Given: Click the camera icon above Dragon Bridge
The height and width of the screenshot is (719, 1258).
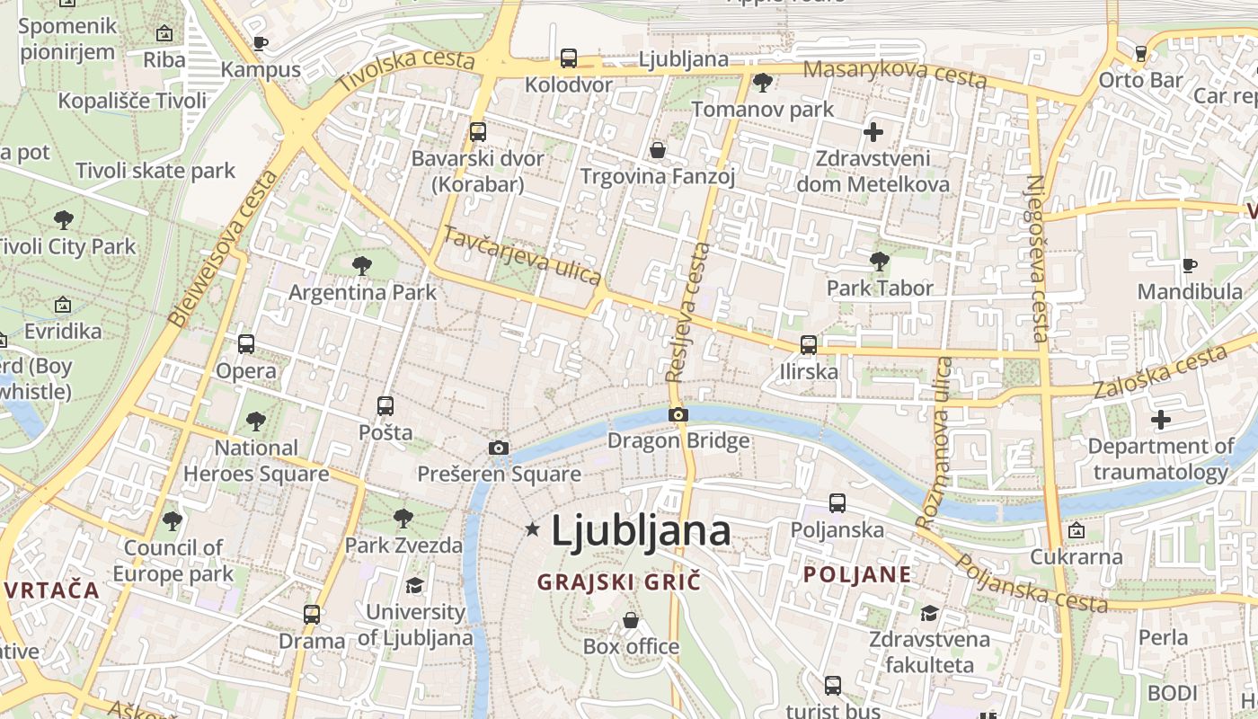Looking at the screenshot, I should pyautogui.click(x=678, y=414).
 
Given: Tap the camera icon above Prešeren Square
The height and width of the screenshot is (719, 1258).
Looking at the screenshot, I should pyautogui.click(x=499, y=448).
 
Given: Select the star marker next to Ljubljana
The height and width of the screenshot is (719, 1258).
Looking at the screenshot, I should pyautogui.click(x=532, y=529).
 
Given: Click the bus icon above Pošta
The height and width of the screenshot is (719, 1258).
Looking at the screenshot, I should pyautogui.click(x=385, y=405).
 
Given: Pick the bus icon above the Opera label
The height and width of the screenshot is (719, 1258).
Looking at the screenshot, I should pyautogui.click(x=246, y=343).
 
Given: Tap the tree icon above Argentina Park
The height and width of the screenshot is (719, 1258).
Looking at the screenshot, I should pyautogui.click(x=362, y=265).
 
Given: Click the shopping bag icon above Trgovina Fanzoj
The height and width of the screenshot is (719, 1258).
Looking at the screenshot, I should pyautogui.click(x=658, y=149).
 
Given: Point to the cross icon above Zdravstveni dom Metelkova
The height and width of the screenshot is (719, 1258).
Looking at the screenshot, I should pyautogui.click(x=873, y=132).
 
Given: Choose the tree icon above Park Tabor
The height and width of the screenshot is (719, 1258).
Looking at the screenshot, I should pyautogui.click(x=880, y=262).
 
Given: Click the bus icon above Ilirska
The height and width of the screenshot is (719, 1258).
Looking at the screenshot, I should pyautogui.click(x=809, y=344).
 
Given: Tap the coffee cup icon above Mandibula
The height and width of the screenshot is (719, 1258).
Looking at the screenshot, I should pyautogui.click(x=1190, y=265).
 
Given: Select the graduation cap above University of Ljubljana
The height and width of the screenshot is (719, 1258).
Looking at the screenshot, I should pyautogui.click(x=414, y=586).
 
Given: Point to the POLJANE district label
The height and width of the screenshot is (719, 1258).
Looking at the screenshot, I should pyautogui.click(x=856, y=574).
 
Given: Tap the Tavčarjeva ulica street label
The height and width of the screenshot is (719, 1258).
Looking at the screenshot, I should pyautogui.click(x=522, y=255).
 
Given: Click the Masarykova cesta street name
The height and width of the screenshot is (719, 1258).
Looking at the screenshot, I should pyautogui.click(x=894, y=74).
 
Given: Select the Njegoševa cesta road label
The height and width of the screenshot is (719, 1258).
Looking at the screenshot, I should pyautogui.click(x=1038, y=259).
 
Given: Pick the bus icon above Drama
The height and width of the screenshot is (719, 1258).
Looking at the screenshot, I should pyautogui.click(x=312, y=615).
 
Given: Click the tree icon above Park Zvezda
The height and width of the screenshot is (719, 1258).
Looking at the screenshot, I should pyautogui.click(x=403, y=519).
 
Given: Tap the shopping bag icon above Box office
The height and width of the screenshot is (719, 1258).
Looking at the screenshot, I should pyautogui.click(x=631, y=620).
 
